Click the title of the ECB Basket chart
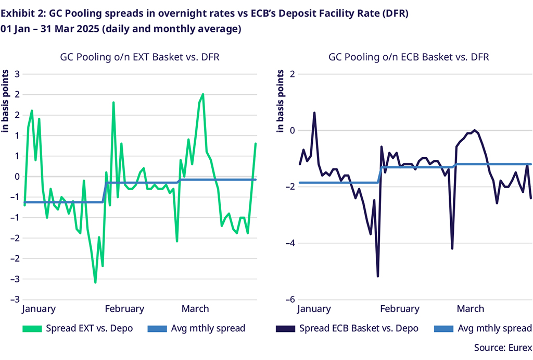click(409, 57)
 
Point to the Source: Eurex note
click(502, 347)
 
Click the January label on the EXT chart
click(39, 309)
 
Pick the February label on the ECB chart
click(400, 309)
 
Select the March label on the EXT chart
click(195, 309)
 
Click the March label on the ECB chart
click(470, 309)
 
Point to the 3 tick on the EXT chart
click(17, 74)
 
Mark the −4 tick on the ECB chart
click(290, 243)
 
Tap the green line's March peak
click(202, 94)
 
